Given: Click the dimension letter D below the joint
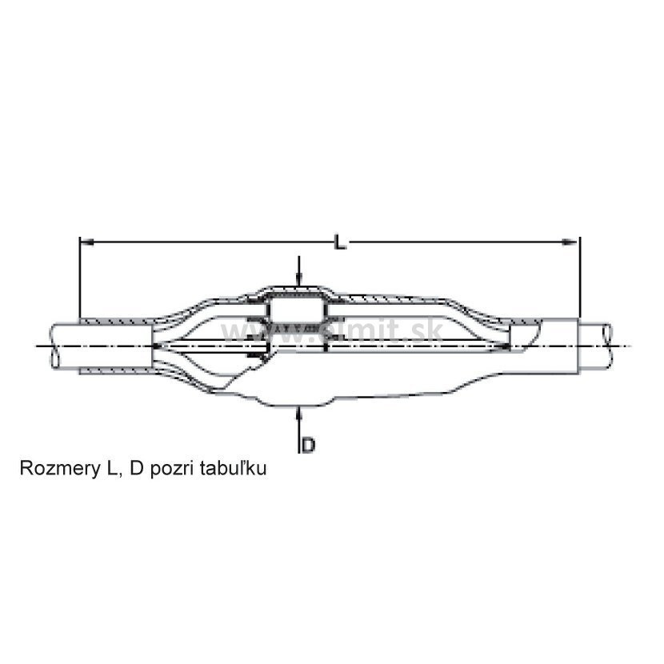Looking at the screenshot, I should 309,445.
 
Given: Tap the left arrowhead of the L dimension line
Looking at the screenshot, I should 85,240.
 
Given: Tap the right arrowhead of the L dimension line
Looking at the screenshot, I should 573,240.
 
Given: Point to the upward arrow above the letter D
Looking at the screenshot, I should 298,414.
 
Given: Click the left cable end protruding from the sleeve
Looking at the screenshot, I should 64,346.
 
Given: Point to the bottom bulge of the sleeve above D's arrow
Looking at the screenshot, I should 298,401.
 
